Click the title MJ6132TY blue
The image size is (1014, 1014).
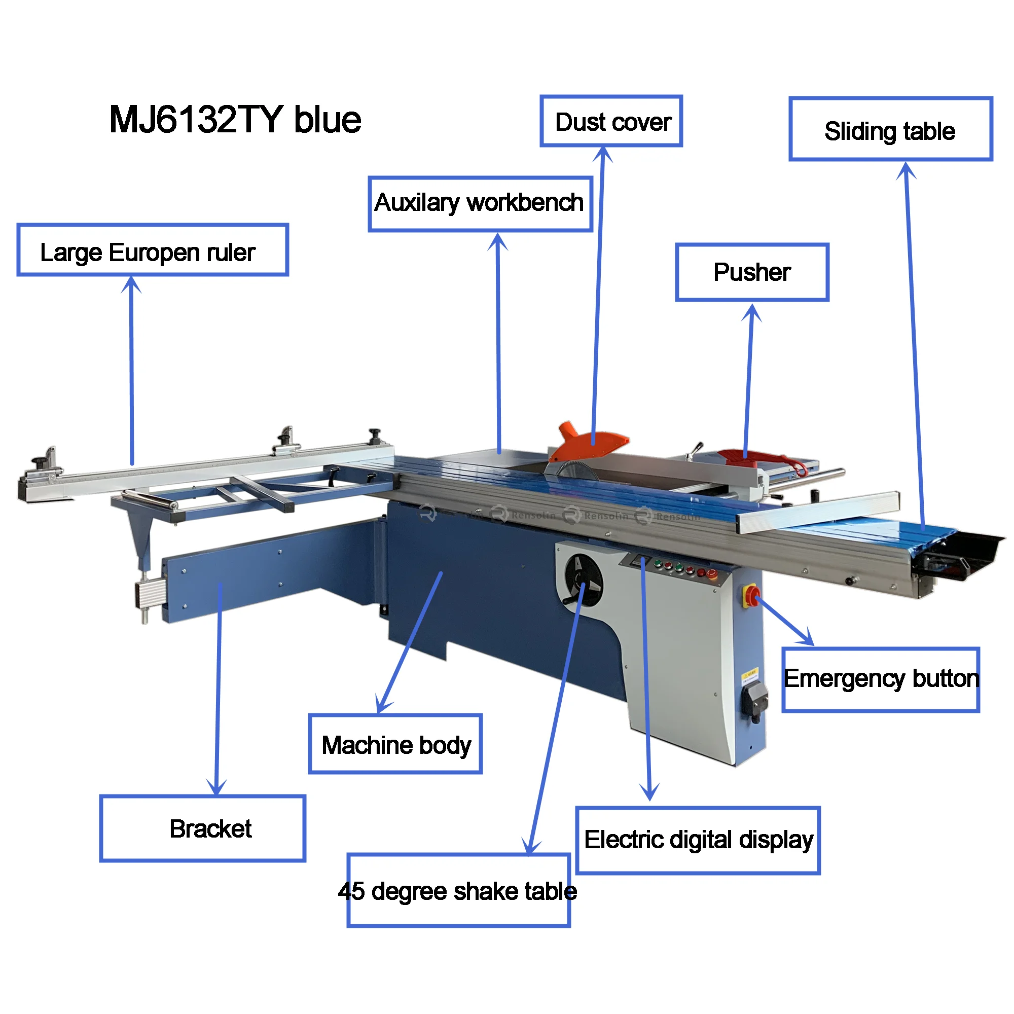[235, 120]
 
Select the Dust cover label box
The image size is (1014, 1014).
[611, 121]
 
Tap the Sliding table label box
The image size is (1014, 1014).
[891, 129]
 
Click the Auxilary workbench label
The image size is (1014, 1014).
[480, 204]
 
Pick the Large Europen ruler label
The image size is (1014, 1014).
[153, 250]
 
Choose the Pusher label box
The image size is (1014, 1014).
[752, 272]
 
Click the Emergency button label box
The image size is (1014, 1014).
[881, 680]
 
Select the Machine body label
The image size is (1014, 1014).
[395, 744]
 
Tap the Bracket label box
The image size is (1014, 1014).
[203, 829]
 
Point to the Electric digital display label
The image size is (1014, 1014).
[698, 840]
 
